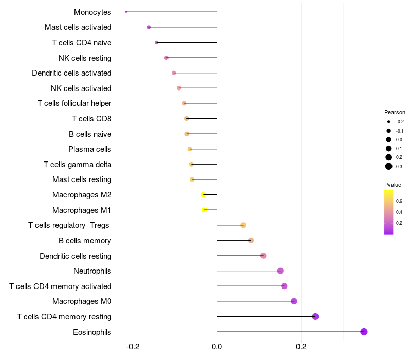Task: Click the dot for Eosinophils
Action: coord(364,332)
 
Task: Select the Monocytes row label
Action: coord(92,12)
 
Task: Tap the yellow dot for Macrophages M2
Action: coord(203,195)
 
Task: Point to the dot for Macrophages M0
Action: coord(294,301)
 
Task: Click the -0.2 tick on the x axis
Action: coord(133,347)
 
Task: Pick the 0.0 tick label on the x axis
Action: coord(217,347)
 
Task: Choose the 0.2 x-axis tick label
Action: coord(301,347)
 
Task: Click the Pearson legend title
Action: coord(395,112)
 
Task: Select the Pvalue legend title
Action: coord(393,185)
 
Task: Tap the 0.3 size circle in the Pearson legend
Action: coord(389,166)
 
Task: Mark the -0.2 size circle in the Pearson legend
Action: coord(389,122)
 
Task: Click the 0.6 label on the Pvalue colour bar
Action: coord(399,201)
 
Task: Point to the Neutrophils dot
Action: coord(280,271)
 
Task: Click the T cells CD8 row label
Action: coord(91,119)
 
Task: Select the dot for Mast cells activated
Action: coord(149,27)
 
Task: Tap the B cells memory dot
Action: coord(251,240)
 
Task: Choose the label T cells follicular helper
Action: coord(74,103)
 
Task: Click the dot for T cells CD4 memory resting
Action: coord(315,316)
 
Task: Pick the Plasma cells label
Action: coord(90,149)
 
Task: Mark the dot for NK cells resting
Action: coord(166,58)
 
